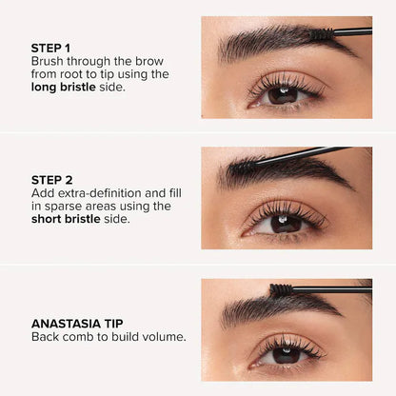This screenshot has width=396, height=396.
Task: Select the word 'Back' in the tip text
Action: point(47,337)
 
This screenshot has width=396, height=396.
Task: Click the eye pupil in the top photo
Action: point(284,93)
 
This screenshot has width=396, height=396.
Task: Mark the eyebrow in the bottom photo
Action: point(276,307)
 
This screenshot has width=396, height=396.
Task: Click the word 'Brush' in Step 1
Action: point(49,59)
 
